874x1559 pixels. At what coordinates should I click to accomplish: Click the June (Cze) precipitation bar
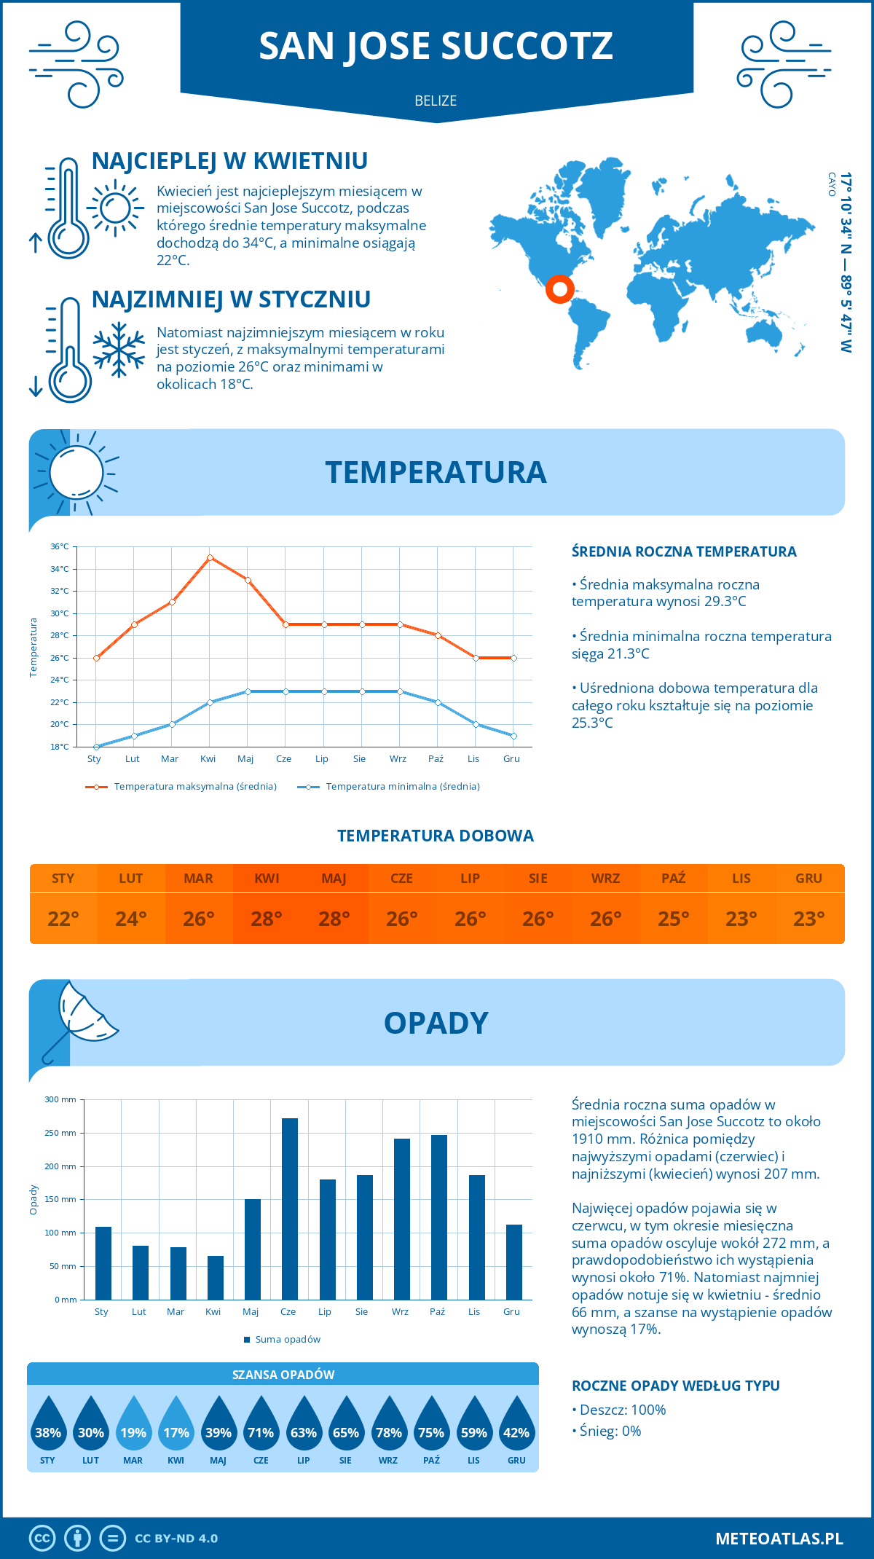(x=290, y=1209)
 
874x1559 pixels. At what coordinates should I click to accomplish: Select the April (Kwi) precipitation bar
(x=216, y=1278)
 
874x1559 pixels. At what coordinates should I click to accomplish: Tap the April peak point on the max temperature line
(x=210, y=557)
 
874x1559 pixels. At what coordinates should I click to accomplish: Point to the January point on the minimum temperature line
(x=96, y=747)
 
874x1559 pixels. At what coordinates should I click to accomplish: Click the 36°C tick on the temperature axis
(x=60, y=546)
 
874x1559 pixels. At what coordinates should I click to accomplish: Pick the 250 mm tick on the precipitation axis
(x=60, y=1133)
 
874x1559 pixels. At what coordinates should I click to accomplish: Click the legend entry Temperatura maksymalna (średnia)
(x=181, y=787)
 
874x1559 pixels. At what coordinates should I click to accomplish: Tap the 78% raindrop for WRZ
(x=388, y=1424)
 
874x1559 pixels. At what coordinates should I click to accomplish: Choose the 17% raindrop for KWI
(x=176, y=1424)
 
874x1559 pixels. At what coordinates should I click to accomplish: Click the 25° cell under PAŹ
(x=673, y=919)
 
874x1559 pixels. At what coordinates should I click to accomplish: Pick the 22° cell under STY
(x=63, y=919)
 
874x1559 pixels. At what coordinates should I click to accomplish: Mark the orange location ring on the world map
(x=560, y=289)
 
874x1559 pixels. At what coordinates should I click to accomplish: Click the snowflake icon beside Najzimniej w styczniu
(x=119, y=350)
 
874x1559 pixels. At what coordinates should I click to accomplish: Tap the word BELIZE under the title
(x=436, y=101)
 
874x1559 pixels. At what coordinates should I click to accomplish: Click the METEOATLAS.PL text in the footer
(x=779, y=1539)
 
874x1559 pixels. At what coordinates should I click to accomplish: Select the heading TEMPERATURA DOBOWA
(x=436, y=836)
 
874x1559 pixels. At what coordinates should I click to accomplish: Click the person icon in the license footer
(x=77, y=1539)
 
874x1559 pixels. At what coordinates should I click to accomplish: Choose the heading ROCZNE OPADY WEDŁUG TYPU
(x=675, y=1386)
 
